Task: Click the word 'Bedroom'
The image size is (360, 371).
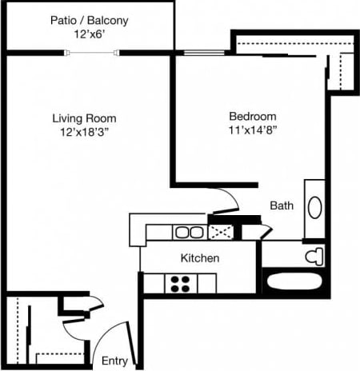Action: click(252, 114)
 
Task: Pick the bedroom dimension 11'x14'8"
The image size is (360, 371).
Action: click(252, 129)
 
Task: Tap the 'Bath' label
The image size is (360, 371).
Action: click(281, 205)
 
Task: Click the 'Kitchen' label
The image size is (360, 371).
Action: click(200, 258)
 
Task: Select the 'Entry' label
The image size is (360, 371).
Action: click(114, 361)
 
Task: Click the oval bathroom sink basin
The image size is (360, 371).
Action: click(314, 208)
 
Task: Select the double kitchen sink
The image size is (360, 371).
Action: click(189, 233)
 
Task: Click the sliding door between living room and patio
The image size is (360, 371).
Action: click(94, 53)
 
